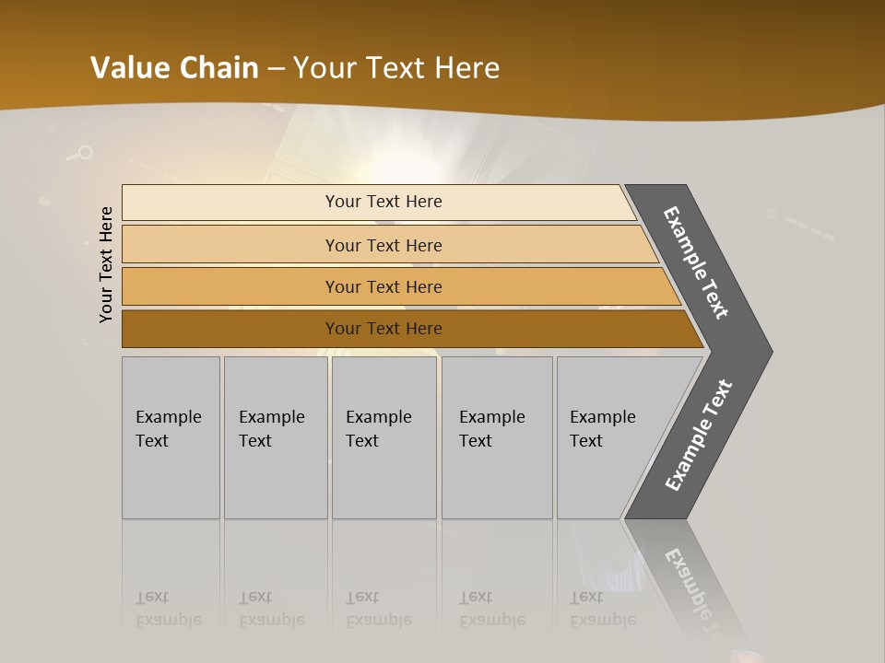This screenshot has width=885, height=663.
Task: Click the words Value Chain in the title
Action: (x=174, y=68)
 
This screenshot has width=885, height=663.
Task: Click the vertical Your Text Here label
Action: (x=106, y=264)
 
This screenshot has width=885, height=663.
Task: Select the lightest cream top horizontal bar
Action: (x=230, y=203)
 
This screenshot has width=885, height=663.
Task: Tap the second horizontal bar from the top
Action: (x=230, y=245)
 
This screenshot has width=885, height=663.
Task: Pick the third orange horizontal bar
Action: (x=230, y=286)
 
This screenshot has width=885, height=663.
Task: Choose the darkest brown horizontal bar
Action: (x=230, y=329)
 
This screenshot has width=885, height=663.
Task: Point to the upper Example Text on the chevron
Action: (x=696, y=262)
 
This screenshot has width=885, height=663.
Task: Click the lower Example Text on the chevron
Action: (x=699, y=435)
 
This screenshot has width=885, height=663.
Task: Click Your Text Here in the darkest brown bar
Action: (x=383, y=329)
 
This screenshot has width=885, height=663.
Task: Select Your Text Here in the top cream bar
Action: (x=383, y=202)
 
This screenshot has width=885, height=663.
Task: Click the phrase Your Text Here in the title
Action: (x=396, y=68)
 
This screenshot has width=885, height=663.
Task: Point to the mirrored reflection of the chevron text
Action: (x=697, y=589)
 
